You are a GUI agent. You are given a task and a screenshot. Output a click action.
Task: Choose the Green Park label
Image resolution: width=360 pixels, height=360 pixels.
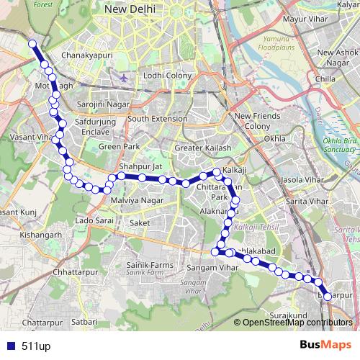(x=119, y=146)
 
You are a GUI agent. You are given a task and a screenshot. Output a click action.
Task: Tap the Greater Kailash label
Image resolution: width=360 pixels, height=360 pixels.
(x=203, y=148)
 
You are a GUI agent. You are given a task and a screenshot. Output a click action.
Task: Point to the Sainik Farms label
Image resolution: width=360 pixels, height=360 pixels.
(x=150, y=266)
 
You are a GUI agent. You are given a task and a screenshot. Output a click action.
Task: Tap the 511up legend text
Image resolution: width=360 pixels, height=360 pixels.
(x=36, y=346)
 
